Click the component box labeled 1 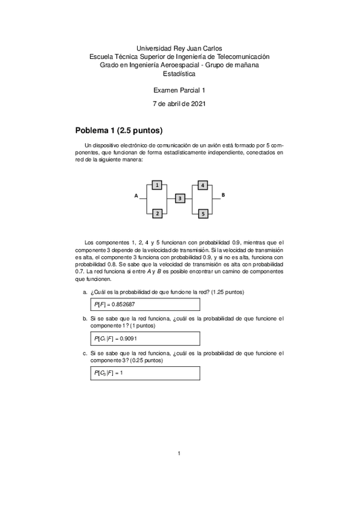(157, 186)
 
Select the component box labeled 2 (157, 214)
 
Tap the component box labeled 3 (180, 198)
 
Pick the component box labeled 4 (203, 185)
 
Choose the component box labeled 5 (203, 214)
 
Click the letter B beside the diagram (224, 195)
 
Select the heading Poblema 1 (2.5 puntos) (119, 131)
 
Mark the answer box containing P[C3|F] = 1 (145, 373)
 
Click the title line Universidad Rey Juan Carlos (180, 48)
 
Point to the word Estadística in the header (180, 73)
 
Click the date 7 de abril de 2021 (180, 104)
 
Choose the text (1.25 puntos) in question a (225, 292)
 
